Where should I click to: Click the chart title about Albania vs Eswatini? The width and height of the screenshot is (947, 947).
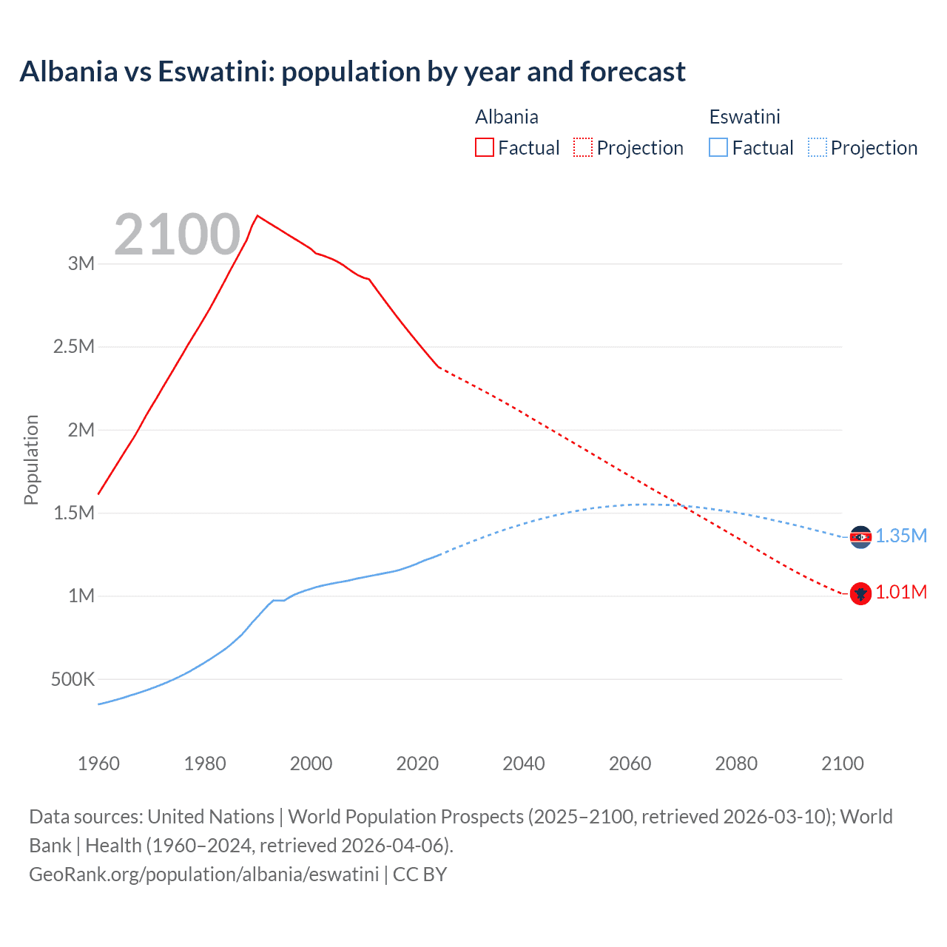tap(352, 72)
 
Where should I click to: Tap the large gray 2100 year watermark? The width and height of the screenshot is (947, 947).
tap(177, 235)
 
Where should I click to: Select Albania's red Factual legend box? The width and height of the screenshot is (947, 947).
tap(484, 147)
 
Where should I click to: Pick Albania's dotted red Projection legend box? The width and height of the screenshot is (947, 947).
tap(583, 147)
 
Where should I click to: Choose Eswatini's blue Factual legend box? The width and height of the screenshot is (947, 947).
tap(718, 147)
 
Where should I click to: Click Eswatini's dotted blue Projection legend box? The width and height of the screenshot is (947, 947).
tap(817, 147)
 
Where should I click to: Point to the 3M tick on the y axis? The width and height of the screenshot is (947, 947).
tap(81, 263)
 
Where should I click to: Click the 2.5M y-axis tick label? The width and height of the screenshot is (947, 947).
tap(74, 347)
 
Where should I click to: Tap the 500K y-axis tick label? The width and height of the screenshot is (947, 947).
tap(73, 679)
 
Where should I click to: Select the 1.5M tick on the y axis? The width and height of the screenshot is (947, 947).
tap(74, 513)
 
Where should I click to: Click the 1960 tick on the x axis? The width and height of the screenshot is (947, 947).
tap(98, 764)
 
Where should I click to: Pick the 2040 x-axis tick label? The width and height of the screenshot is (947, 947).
tap(524, 764)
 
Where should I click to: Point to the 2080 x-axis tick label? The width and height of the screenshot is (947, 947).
tap(736, 764)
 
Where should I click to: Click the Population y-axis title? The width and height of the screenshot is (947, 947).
tap(31, 459)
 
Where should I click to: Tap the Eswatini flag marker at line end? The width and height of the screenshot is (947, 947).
tap(860, 537)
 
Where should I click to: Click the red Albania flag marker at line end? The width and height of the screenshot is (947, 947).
tap(860, 593)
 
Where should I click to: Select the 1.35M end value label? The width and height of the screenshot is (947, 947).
tap(901, 536)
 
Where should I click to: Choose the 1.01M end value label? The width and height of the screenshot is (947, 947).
tap(901, 593)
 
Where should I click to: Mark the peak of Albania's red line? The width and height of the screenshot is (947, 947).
tap(257, 216)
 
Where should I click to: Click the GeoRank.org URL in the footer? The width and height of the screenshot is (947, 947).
tap(203, 874)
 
